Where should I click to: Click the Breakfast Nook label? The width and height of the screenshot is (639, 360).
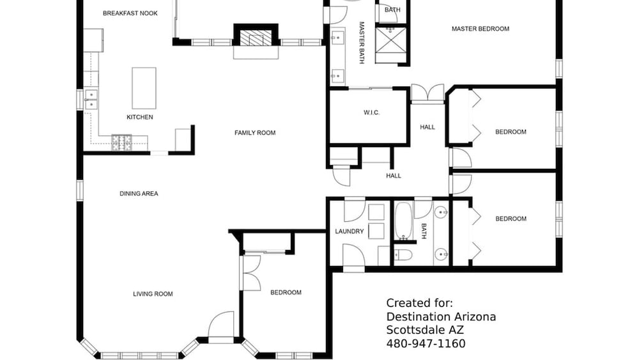click(130, 13)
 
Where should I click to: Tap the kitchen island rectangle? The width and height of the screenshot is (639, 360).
click(144, 88)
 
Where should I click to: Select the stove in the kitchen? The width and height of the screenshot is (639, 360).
click(122, 143)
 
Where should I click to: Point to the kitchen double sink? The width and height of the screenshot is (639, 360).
click(91, 100)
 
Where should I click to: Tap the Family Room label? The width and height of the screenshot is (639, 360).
click(255, 132)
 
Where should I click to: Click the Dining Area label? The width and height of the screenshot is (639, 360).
click(139, 193)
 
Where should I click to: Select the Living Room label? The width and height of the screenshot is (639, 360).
click(153, 293)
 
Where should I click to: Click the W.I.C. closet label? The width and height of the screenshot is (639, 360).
click(372, 113)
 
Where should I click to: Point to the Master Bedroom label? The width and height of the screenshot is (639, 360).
click(481, 29)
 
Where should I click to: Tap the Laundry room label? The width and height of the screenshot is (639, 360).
click(350, 231)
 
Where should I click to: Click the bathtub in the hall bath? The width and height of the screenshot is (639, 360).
click(403, 221)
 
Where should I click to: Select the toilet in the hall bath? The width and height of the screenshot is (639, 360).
click(403, 255)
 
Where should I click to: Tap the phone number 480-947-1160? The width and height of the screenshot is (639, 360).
click(426, 343)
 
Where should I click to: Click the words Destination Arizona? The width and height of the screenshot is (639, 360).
click(441, 317)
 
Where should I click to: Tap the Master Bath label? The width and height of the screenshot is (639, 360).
click(362, 43)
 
